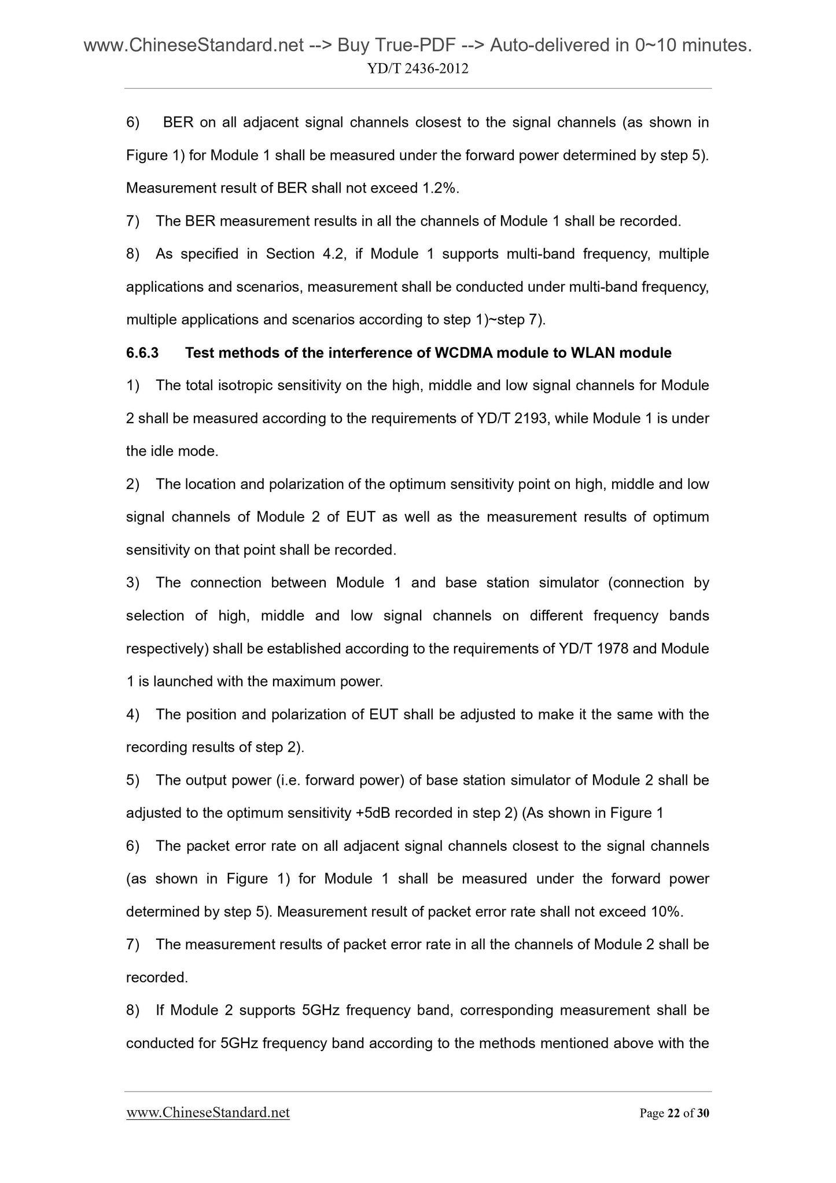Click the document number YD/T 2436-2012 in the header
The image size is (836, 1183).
(x=418, y=69)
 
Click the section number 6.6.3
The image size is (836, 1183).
(x=142, y=353)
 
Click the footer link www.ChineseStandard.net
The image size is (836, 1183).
(x=208, y=1113)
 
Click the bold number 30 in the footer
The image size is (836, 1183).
(x=703, y=1114)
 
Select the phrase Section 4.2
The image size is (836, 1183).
(x=305, y=254)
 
